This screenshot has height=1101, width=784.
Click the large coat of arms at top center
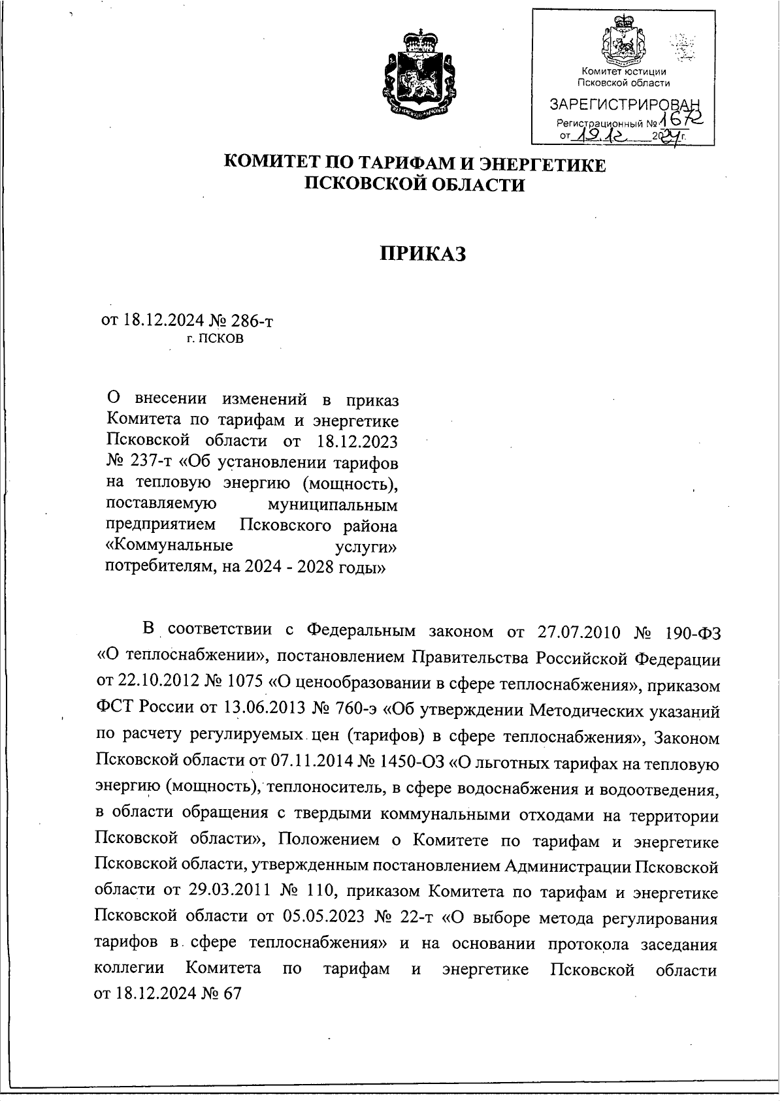[418, 72]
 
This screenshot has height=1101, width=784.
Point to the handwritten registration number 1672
[682, 119]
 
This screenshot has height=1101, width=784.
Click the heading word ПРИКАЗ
[423, 253]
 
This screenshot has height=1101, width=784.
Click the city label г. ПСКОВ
[215, 339]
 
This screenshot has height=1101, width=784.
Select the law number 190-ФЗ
[693, 632]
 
